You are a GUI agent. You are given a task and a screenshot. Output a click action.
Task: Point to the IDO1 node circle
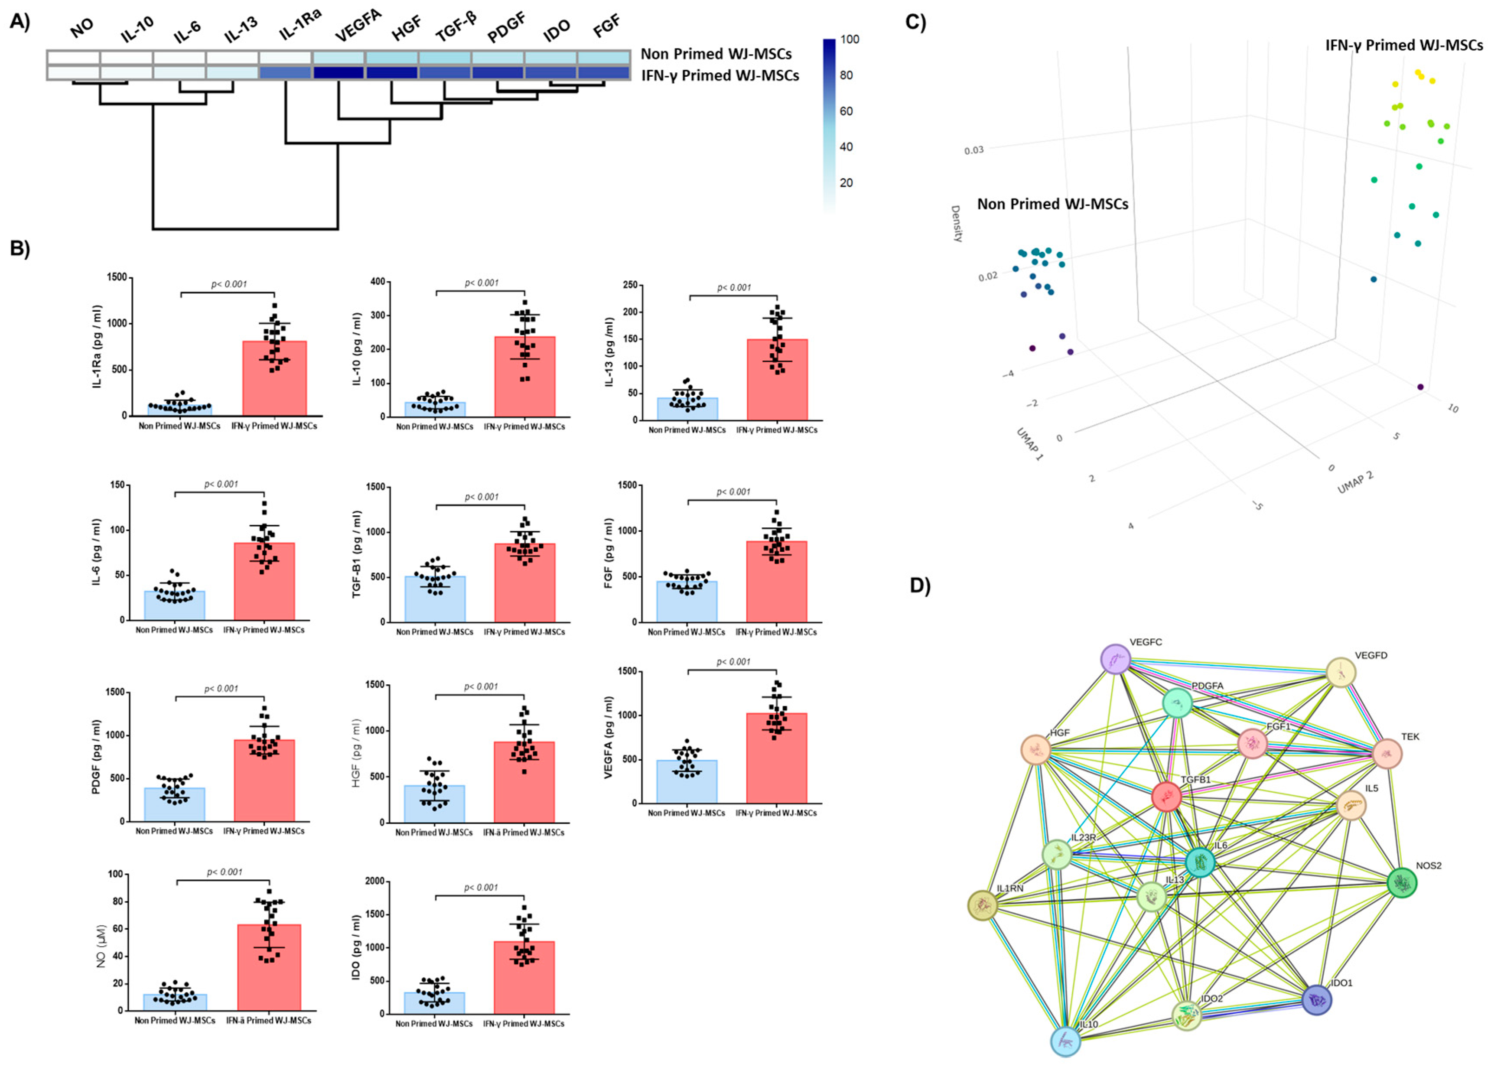(1316, 999)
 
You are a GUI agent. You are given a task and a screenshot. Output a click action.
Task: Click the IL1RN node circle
(983, 905)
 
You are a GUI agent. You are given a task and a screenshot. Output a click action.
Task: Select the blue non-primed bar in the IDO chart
(434, 1002)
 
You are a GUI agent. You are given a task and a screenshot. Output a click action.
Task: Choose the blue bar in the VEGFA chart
(687, 781)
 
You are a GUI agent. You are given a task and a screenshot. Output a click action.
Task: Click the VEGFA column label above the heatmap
(358, 27)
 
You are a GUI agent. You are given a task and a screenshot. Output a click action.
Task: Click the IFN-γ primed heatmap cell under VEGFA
(339, 73)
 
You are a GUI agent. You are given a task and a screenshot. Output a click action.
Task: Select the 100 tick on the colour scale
(849, 39)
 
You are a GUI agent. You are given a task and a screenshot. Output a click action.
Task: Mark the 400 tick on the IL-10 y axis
(377, 282)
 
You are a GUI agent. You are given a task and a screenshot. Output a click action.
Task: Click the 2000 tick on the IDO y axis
(374, 881)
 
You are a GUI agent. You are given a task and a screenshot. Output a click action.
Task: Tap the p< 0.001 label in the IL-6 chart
(221, 484)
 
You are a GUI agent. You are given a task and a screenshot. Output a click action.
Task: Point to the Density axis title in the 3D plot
(957, 223)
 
